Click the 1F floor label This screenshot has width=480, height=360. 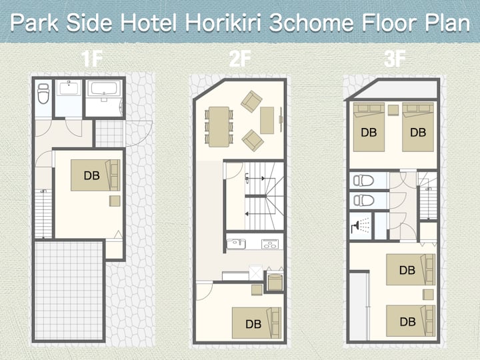click(x=91, y=59)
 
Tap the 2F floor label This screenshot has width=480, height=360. click(x=240, y=59)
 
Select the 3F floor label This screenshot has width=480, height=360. click(x=395, y=59)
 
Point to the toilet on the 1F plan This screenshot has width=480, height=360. click(x=43, y=94)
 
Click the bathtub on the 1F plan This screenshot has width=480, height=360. click(x=104, y=89)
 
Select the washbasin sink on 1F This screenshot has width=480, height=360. click(x=69, y=89)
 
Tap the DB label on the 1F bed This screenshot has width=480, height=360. click(x=92, y=175)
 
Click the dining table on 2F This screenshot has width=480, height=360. click(x=219, y=127)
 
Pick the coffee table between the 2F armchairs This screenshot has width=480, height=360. click(x=267, y=120)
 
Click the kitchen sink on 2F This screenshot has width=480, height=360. click(x=236, y=244)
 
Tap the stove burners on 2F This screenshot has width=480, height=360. click(x=270, y=244)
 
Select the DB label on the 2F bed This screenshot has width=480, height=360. click(x=253, y=324)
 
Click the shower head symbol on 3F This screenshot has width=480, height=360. click(x=356, y=227)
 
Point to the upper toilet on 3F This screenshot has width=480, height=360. click(x=363, y=181)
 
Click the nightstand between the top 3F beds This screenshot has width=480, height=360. click(x=393, y=110)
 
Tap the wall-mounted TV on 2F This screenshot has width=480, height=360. click(x=281, y=119)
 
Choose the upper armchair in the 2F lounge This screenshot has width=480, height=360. click(x=251, y=101)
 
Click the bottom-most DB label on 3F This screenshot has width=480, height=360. click(x=408, y=321)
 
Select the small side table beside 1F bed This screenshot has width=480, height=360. click(x=115, y=201)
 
